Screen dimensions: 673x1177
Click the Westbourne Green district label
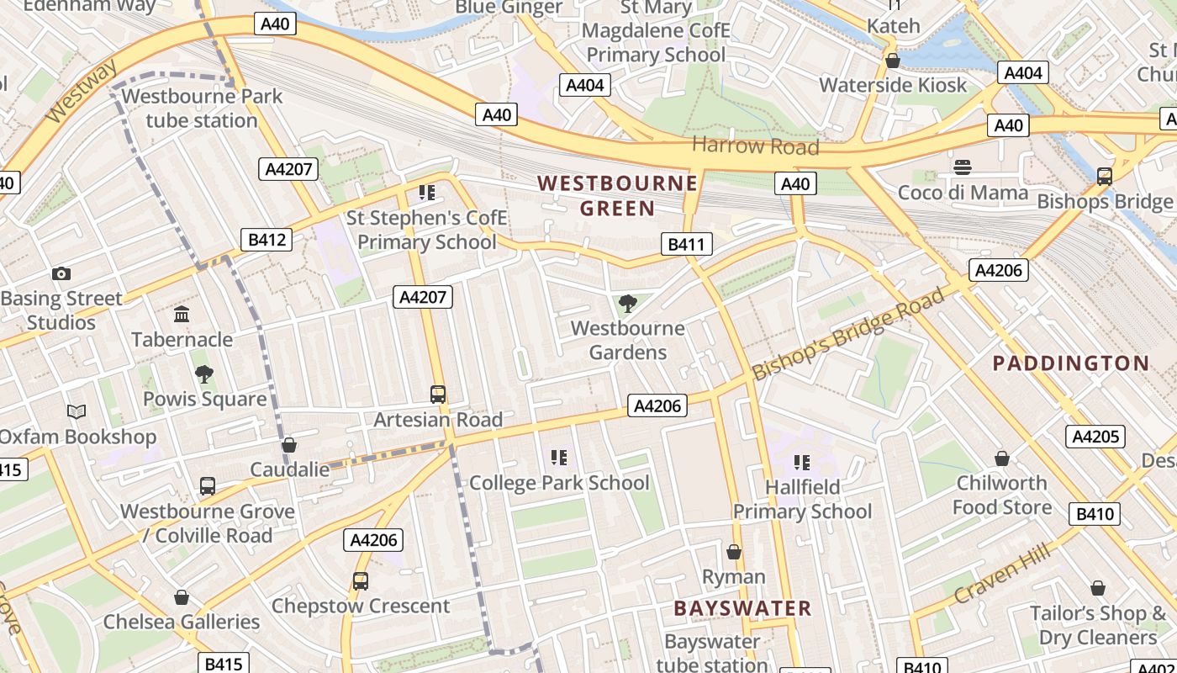pos(617,195)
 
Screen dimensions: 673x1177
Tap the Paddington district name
pos(1070,363)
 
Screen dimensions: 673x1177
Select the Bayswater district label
pos(742,608)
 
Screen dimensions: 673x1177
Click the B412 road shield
pos(267,240)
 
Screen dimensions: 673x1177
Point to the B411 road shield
pos(686,245)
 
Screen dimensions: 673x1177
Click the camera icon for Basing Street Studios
pos(61,273)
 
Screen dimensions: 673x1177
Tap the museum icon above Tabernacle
pos(182,315)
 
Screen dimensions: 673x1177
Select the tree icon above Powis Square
pos(203,374)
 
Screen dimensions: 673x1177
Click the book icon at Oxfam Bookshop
pos(77,411)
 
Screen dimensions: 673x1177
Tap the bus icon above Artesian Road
pos(438,395)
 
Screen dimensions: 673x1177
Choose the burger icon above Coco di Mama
pos(963,167)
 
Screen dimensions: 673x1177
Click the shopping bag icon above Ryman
pos(734,552)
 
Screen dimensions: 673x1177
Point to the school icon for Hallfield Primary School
pos(801,462)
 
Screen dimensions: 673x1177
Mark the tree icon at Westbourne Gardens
pos(626,304)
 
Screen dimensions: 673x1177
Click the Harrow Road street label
pos(755,146)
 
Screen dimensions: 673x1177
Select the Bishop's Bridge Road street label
pos(849,333)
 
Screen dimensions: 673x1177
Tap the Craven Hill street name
pos(1002,574)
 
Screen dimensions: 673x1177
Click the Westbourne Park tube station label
pos(202,109)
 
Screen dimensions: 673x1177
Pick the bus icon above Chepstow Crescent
pos(360,580)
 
